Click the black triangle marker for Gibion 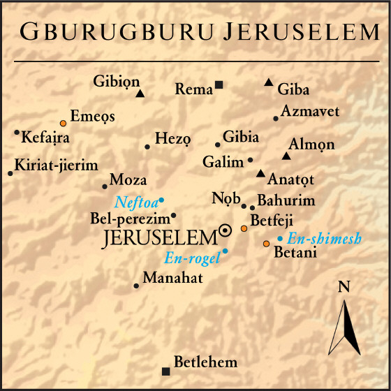point(140,94)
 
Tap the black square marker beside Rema point(219,85)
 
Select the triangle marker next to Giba point(269,83)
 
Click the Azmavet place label point(310,111)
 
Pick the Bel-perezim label point(129,218)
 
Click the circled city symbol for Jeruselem point(226,230)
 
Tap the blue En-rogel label point(192,258)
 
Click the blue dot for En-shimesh point(280,239)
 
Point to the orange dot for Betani point(266,244)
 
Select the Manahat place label point(172,279)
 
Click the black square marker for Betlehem point(165,371)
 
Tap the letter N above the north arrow point(344,287)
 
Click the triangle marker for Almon point(286,156)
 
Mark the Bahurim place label point(286,201)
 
